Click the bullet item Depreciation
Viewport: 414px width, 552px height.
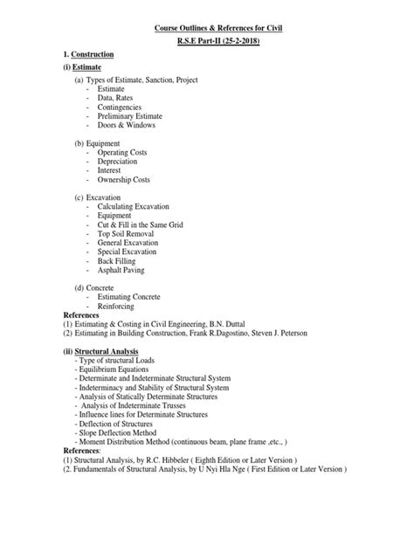pos(123,162)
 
